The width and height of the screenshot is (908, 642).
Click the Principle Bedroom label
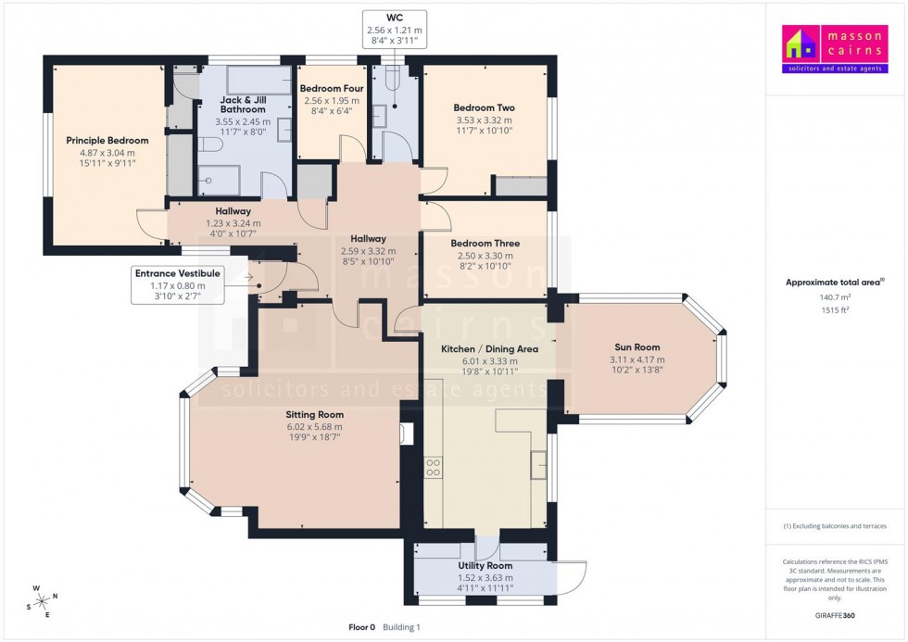[107, 141]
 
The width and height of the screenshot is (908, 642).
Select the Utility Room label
[485, 565]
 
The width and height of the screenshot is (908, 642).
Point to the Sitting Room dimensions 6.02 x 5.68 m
[315, 426]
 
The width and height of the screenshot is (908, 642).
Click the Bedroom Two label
[484, 107]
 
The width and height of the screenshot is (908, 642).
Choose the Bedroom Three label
[485, 244]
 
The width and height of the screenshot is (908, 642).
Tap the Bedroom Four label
[331, 88]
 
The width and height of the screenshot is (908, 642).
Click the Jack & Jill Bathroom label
[244, 104]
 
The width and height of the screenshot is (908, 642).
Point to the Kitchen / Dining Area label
[490, 348]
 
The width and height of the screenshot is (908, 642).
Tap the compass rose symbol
[42, 601]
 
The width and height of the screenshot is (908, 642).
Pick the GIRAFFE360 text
[836, 614]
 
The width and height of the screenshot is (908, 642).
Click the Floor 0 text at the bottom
[361, 627]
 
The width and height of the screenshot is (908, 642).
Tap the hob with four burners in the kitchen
[432, 467]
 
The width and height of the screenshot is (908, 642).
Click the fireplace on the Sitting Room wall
[405, 434]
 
